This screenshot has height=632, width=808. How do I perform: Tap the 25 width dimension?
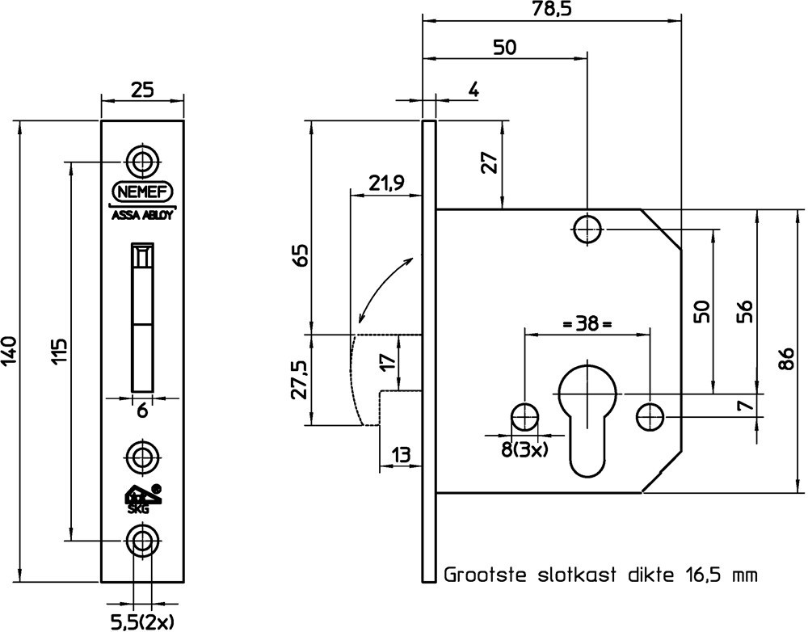(x=142, y=91)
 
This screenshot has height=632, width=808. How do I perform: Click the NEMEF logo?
(x=142, y=193)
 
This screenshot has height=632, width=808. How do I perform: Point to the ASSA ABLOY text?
(x=142, y=215)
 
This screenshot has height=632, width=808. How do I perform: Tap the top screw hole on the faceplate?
(x=143, y=161)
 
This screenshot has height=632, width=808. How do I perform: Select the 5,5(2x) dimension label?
(x=142, y=621)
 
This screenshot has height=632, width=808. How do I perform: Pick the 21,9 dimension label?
(x=387, y=183)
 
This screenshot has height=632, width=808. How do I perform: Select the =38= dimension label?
(x=587, y=325)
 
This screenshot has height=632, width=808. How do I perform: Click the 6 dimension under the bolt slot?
(x=142, y=411)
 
